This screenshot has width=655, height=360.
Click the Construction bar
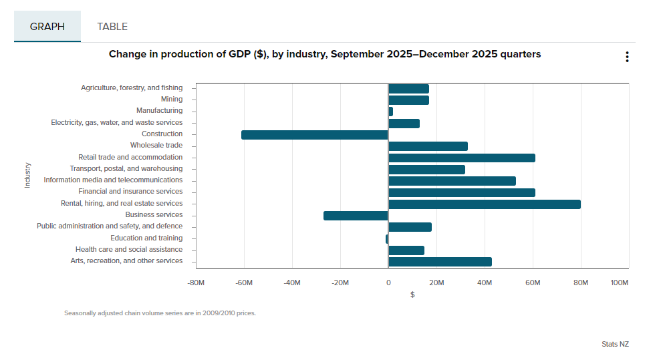(x=314, y=135)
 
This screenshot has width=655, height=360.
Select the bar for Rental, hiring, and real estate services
(x=484, y=204)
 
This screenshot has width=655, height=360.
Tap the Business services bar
(x=356, y=216)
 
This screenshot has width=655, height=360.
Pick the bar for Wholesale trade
(x=428, y=146)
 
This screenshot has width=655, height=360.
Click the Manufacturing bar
(x=390, y=112)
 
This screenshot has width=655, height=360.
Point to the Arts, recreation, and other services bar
(x=440, y=262)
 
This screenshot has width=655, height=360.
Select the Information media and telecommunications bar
(x=452, y=181)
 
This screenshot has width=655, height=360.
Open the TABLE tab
(x=112, y=27)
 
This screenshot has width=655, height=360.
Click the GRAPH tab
(x=47, y=27)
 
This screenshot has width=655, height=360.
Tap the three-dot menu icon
(x=627, y=57)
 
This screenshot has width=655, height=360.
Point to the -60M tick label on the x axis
(x=243, y=283)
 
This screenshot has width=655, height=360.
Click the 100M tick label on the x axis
(x=620, y=283)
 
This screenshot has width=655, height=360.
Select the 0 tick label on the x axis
(x=388, y=283)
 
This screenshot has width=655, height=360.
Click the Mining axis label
(x=171, y=100)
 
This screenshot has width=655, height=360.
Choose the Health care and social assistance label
(x=128, y=250)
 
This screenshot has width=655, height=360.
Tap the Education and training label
(x=146, y=238)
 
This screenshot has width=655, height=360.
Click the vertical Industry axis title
(x=27, y=174)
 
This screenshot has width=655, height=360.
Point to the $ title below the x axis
(x=412, y=295)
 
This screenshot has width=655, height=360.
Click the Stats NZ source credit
(x=615, y=345)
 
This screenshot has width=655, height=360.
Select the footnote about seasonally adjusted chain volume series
(x=160, y=313)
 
